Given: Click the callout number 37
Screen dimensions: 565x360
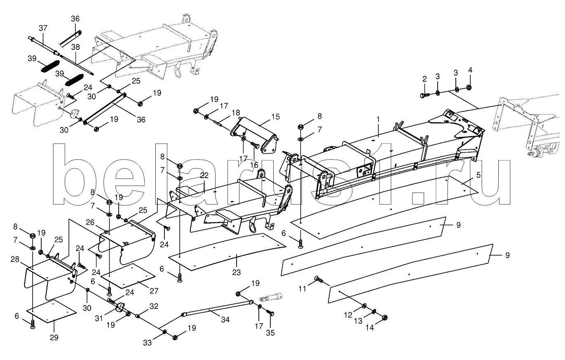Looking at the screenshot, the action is pos(43,28).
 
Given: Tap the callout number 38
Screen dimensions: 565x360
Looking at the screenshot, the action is pos(75,47).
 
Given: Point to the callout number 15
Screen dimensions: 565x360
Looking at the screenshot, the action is pos(276,117).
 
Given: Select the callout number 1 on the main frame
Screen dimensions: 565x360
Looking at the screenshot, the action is pos(378,119).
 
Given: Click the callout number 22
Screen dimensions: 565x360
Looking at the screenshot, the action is pos(204,175).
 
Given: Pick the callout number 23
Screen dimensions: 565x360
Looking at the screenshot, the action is pos(236,272).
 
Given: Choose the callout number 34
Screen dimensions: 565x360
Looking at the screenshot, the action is pos(225,320).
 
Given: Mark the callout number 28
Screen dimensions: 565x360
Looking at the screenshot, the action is pos(15,259).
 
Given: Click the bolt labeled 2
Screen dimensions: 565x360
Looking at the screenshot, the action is pos(425,95).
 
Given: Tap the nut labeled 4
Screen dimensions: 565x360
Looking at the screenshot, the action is pos(469,87).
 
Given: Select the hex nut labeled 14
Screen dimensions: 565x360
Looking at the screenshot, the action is pos(384,318).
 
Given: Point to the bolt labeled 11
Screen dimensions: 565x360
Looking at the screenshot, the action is pos(319,280).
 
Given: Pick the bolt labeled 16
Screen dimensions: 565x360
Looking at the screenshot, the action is pos(255,145).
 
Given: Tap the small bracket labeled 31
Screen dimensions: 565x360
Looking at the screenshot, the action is pos(120,308).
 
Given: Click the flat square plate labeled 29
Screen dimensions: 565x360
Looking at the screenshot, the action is pos(51,311).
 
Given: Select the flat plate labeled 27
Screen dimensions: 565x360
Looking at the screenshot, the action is pos(128,276).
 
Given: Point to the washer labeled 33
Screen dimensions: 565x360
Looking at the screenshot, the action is pos(164,332).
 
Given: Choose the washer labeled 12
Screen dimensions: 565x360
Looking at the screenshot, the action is pos(364,306).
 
